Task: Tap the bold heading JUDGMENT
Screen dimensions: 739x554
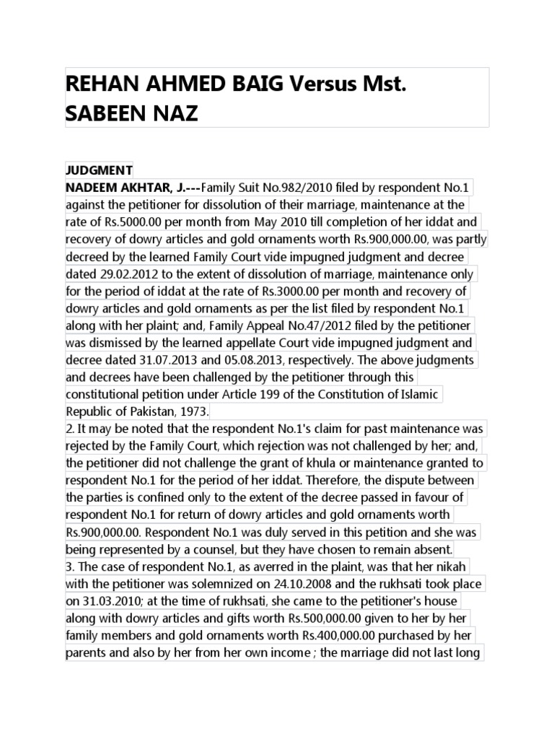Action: point(100,170)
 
